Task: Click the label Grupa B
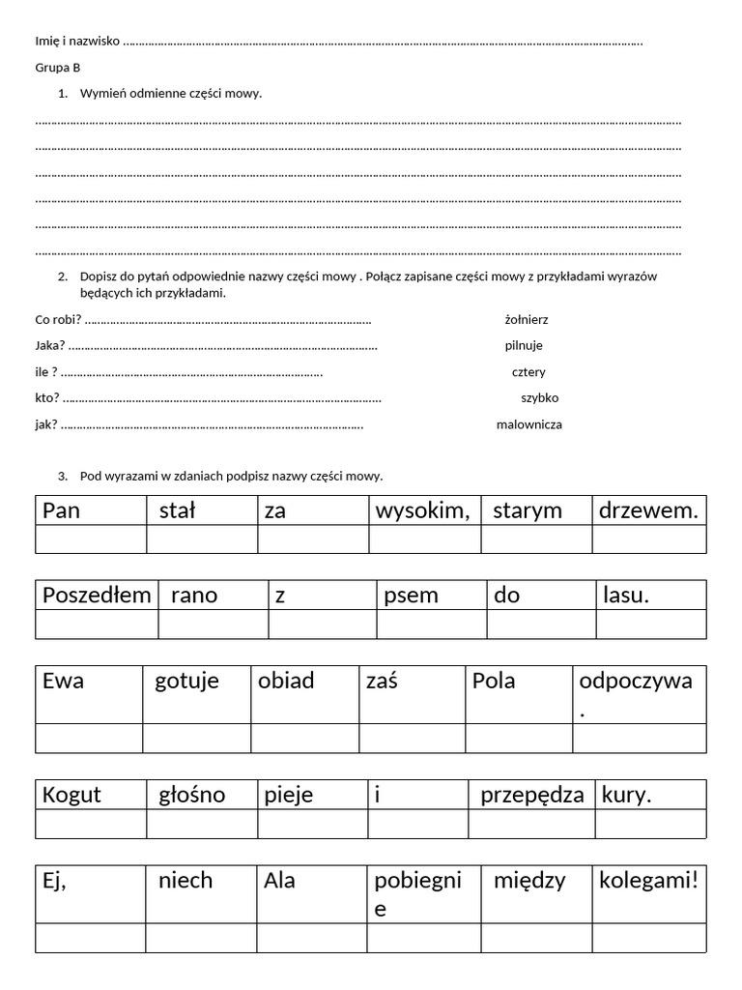tap(58, 68)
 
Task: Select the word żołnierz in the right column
tap(527, 319)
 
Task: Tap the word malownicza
tap(529, 423)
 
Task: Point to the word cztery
tap(528, 371)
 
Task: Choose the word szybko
tap(539, 397)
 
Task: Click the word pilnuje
tap(524, 345)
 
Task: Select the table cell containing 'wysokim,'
tap(424, 510)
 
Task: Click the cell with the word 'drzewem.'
tap(648, 510)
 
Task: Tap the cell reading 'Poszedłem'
tap(97, 595)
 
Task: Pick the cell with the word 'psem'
tap(431, 595)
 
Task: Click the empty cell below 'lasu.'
tap(650, 625)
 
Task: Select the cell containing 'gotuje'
tap(197, 694)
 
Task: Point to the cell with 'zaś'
tap(413, 694)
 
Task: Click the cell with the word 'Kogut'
tap(91, 795)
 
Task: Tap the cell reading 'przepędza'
tap(531, 795)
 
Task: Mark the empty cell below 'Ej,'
tap(91, 938)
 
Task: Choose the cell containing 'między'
tap(538, 894)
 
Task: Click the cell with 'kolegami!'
tap(650, 894)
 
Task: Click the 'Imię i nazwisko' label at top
tap(77, 41)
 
